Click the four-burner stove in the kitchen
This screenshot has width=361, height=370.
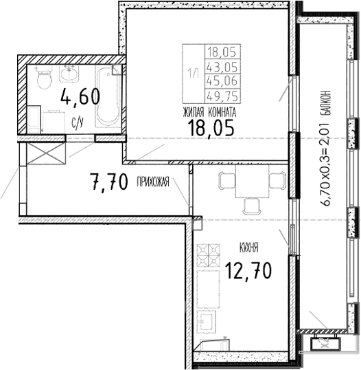tap(207, 257)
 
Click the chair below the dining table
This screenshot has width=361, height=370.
tap(250, 204)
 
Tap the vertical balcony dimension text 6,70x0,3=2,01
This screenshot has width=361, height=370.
tap(327, 148)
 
